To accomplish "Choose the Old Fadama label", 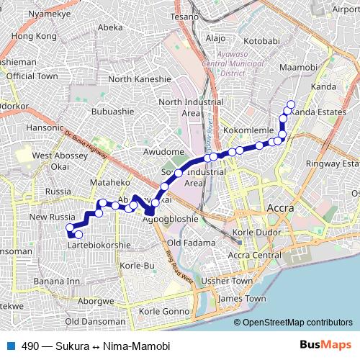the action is (x=186, y=243).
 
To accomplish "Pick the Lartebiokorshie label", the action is (x=98, y=245).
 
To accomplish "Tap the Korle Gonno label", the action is (x=163, y=311).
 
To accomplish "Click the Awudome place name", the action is (x=164, y=152).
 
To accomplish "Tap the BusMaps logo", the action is (x=325, y=346).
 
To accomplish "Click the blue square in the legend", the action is (x=10, y=346).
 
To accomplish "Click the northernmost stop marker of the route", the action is (x=291, y=104).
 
